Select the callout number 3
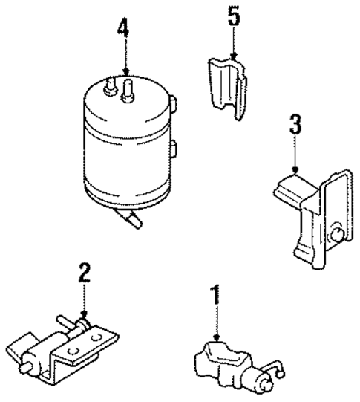pyautogui.click(x=295, y=124)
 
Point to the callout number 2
pyautogui.click(x=85, y=273)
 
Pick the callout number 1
pyautogui.click(x=216, y=295)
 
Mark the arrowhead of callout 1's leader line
pyautogui.click(x=216, y=338)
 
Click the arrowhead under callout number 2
pyautogui.click(x=85, y=317)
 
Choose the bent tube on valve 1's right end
pyautogui.click(x=278, y=367)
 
